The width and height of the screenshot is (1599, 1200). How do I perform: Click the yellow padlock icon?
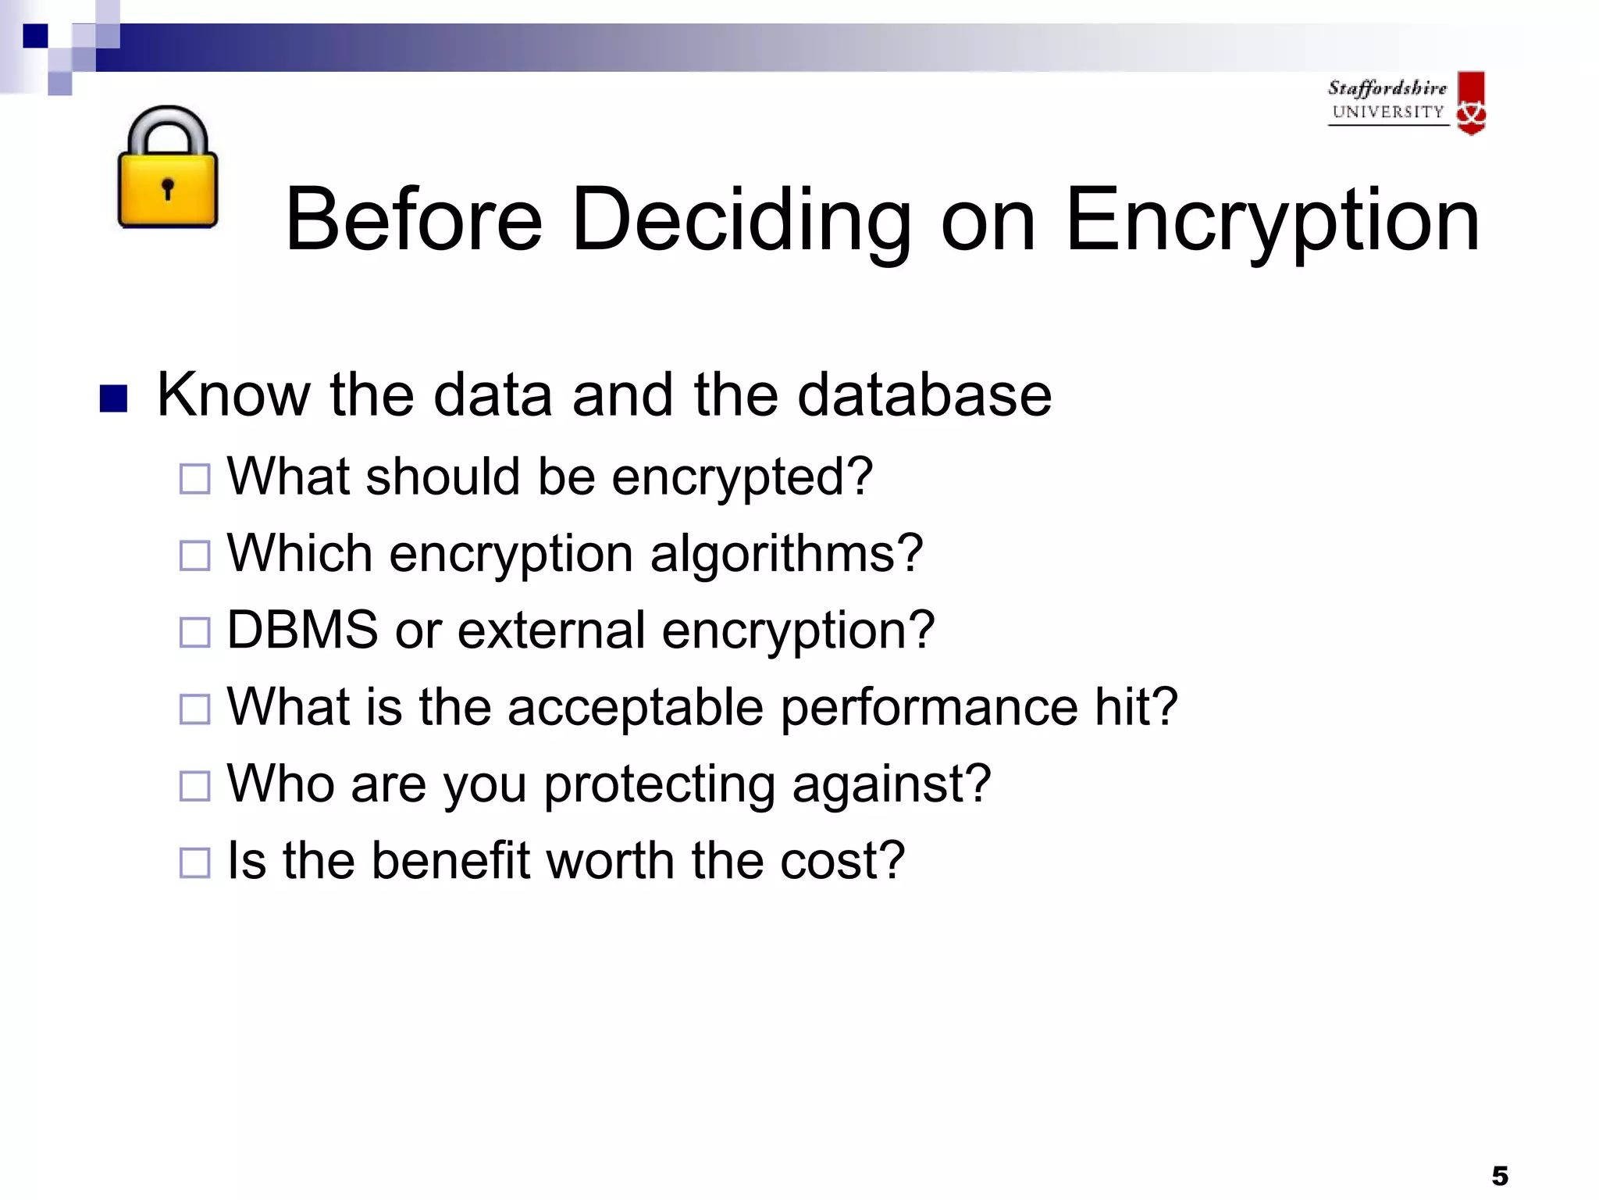(x=167, y=169)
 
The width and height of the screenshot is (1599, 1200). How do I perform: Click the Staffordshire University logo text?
(x=1387, y=100)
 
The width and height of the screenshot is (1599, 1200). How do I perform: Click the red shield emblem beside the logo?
(x=1472, y=103)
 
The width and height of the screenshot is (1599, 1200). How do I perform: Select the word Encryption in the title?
(x=1272, y=220)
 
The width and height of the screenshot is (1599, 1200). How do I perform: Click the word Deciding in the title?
(x=742, y=220)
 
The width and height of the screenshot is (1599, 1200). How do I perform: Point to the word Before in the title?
(x=414, y=220)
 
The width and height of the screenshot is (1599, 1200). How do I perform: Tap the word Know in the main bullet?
(x=233, y=395)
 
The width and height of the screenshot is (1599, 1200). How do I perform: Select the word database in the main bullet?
(x=924, y=395)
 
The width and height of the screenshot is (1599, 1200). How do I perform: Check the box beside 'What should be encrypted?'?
(x=194, y=479)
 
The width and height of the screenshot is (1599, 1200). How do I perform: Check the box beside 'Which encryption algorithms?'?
(x=194, y=555)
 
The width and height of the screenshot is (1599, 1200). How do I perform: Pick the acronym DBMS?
(x=303, y=630)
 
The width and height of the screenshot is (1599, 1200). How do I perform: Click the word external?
(x=551, y=630)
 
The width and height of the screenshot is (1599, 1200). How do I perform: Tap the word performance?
(x=929, y=707)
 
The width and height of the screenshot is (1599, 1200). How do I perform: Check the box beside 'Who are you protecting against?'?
(x=194, y=786)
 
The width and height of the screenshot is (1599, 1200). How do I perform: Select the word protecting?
(x=660, y=784)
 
